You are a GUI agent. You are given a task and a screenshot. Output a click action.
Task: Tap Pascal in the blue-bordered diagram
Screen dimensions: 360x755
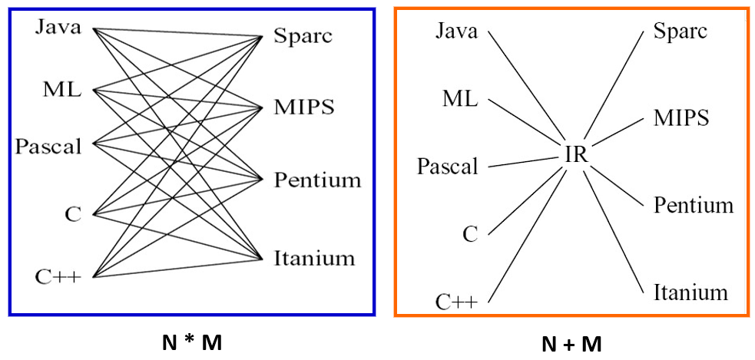[48, 146]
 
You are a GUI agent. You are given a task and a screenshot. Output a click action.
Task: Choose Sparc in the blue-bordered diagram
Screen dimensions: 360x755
[303, 36]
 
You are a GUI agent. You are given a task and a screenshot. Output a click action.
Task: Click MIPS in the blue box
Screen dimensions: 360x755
[303, 107]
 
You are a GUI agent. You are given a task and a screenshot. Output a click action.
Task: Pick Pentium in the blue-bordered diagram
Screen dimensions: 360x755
[317, 180]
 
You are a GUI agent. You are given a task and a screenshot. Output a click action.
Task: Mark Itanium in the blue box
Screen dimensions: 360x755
[314, 258]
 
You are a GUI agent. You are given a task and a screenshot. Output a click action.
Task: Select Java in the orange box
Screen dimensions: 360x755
[456, 31]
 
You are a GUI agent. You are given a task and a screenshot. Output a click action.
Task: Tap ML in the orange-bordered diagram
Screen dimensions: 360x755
[459, 99]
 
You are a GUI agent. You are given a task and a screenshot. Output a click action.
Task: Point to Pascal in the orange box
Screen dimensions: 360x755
[447, 166]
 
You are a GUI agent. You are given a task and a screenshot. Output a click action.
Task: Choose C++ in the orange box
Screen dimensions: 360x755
[457, 302]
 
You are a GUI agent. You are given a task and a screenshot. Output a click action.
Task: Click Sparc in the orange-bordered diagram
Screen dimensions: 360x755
[680, 31]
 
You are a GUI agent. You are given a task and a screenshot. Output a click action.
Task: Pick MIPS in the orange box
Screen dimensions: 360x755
[680, 118]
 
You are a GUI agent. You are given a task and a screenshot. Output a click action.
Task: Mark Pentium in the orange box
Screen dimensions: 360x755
[694, 206]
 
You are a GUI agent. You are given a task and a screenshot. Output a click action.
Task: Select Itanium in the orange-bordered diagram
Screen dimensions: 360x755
[690, 292]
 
